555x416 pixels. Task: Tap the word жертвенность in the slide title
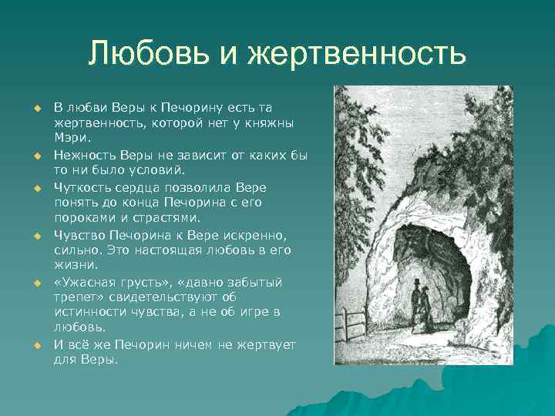pos(357,54)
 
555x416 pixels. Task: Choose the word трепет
pos(78,297)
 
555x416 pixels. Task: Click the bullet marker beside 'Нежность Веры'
pos(35,156)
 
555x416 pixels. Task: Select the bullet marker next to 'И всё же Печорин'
pos(35,345)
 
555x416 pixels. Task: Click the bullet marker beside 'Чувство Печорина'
pos(35,236)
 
